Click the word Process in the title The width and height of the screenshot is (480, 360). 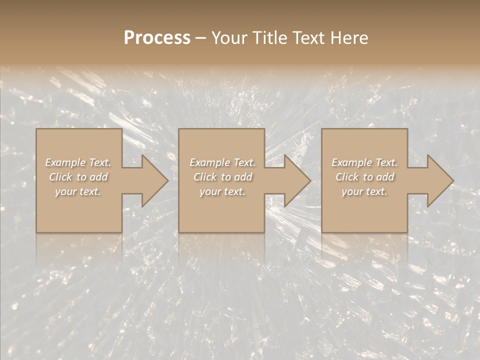(157, 38)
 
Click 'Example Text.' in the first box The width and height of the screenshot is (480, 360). (78, 162)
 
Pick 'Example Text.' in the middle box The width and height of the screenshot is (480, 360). (222, 162)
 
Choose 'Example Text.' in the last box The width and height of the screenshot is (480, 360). (364, 162)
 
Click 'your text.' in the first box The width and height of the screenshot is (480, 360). (78, 191)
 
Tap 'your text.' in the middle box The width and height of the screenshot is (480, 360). (222, 191)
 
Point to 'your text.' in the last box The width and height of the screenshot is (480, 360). (364, 191)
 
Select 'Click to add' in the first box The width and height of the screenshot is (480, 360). (78, 177)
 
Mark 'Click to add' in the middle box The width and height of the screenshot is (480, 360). (222, 177)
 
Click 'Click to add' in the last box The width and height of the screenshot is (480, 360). (364, 177)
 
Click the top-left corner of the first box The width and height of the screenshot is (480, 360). (36, 129)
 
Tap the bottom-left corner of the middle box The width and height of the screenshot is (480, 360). (179, 232)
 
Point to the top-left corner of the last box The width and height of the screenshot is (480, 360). (322, 129)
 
